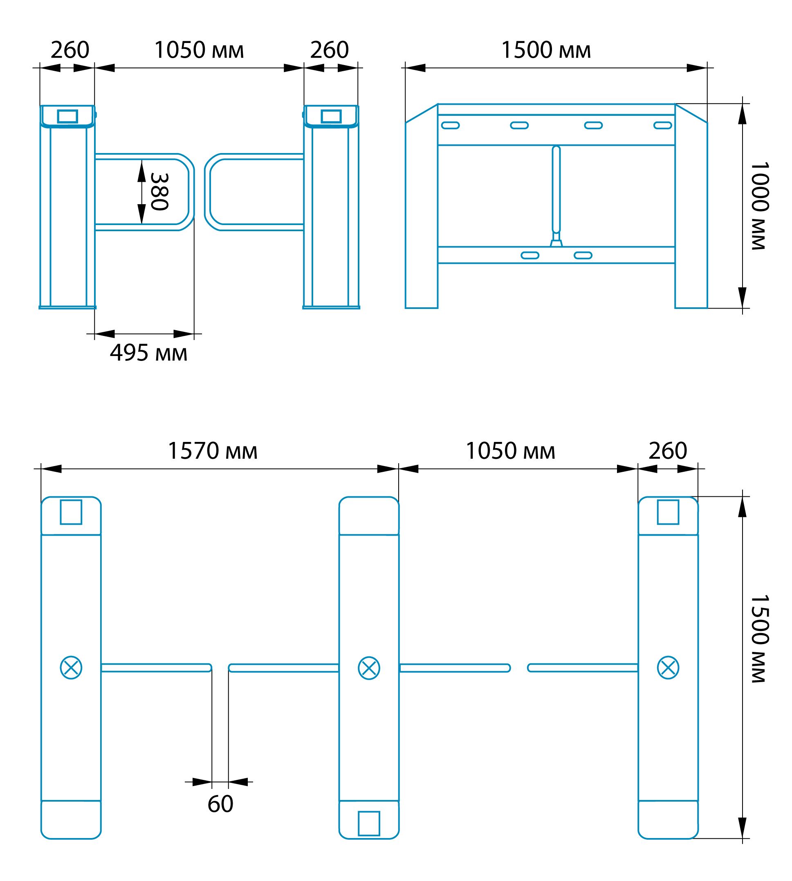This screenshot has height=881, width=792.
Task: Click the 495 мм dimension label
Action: click(x=148, y=353)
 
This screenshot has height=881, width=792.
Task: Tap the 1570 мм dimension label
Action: click(x=212, y=451)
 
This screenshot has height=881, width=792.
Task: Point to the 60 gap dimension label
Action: click(x=220, y=804)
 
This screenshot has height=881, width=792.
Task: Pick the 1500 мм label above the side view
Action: click(x=546, y=50)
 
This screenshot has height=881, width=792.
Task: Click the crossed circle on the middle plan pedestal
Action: click(x=369, y=668)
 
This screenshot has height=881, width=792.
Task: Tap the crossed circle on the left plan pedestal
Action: click(x=71, y=668)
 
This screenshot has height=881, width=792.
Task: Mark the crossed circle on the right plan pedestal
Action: click(x=668, y=668)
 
